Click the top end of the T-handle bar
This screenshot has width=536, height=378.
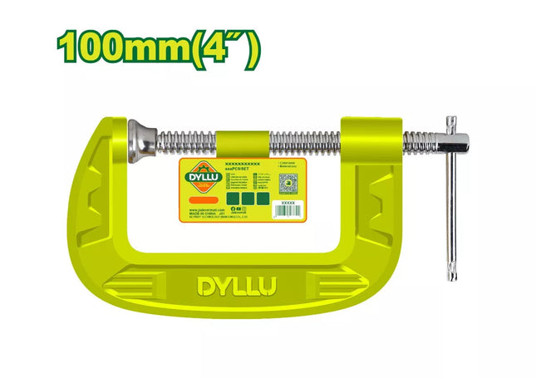point(452,121)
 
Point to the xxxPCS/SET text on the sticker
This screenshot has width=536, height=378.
point(241,169)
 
